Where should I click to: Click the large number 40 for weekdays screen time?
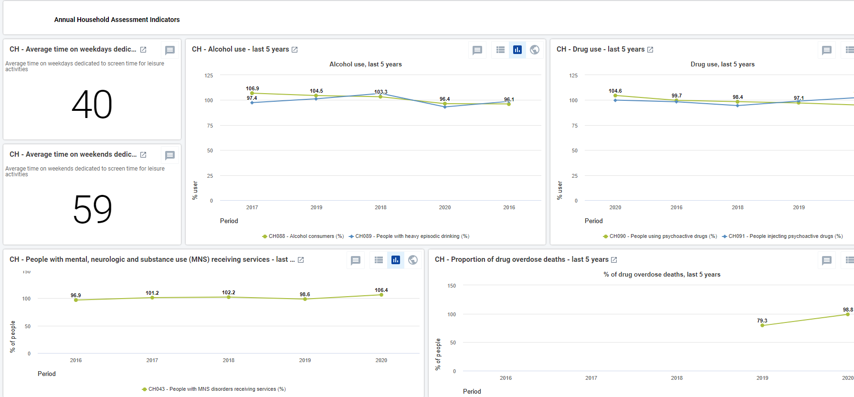(x=92, y=105)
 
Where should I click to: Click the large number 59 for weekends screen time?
(x=93, y=209)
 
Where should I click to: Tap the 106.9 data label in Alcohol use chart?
(x=253, y=88)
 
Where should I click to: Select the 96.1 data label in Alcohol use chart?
(x=509, y=99)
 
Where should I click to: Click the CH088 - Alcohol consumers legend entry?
(x=303, y=236)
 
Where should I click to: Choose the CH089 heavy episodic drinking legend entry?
(x=409, y=236)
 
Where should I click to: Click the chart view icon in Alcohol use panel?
(x=517, y=50)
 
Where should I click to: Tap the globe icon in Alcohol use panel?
(x=535, y=50)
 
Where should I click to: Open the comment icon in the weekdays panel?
(x=170, y=50)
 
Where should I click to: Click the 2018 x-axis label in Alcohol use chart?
(x=380, y=207)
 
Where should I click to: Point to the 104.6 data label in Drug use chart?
(x=615, y=91)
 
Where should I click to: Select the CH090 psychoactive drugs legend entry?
(x=660, y=236)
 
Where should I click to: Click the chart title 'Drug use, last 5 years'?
(x=723, y=64)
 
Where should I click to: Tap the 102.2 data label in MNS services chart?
(x=229, y=292)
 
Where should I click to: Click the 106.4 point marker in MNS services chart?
(x=381, y=295)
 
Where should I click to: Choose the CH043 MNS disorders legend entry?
(x=214, y=389)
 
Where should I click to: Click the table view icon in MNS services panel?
(x=379, y=260)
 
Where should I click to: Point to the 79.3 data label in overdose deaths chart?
(x=762, y=321)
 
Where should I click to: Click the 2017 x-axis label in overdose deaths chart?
(x=591, y=378)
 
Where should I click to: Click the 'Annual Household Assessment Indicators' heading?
(x=117, y=20)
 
